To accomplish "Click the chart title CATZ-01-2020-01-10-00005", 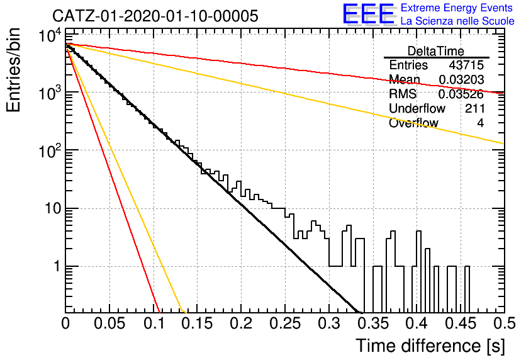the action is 155,16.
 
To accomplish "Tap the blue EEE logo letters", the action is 368,14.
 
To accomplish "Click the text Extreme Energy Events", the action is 457,8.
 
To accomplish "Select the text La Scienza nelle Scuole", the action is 457,21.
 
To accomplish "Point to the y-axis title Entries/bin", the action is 13,70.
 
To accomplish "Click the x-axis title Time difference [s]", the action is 430,346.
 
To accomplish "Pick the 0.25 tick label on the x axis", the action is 285,323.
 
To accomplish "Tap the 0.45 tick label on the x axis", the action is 461,323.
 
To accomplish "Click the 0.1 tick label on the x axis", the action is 155,323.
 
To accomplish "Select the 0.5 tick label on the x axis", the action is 504,323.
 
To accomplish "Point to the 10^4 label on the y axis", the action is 50,35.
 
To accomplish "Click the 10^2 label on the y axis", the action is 50,151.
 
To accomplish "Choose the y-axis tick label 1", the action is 57,267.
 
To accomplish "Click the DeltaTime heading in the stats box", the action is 436,51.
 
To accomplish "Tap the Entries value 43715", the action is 466,65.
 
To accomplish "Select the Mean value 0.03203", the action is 461,79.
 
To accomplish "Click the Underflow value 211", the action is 474,108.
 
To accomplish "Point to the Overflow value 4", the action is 480,123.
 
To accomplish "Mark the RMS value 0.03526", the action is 461,94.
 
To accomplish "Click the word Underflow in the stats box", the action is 417,108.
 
